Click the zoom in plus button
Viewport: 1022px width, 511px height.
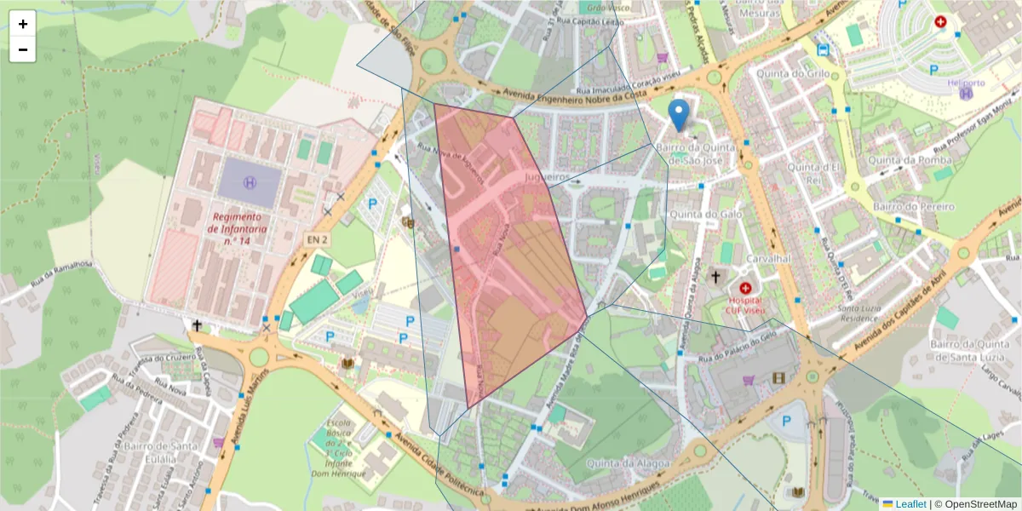coord(23,24)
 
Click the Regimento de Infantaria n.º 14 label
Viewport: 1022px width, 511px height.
coord(238,228)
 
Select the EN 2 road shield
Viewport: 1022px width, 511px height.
coord(318,240)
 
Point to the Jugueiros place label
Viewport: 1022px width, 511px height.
coord(547,177)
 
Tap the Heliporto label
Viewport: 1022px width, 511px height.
coord(966,83)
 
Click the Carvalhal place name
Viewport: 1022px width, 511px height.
coord(769,259)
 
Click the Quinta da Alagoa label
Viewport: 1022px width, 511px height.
coord(629,462)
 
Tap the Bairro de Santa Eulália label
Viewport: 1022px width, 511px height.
coord(161,452)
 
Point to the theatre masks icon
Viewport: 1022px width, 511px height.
coord(408,222)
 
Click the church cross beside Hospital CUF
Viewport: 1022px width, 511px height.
coord(716,277)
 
